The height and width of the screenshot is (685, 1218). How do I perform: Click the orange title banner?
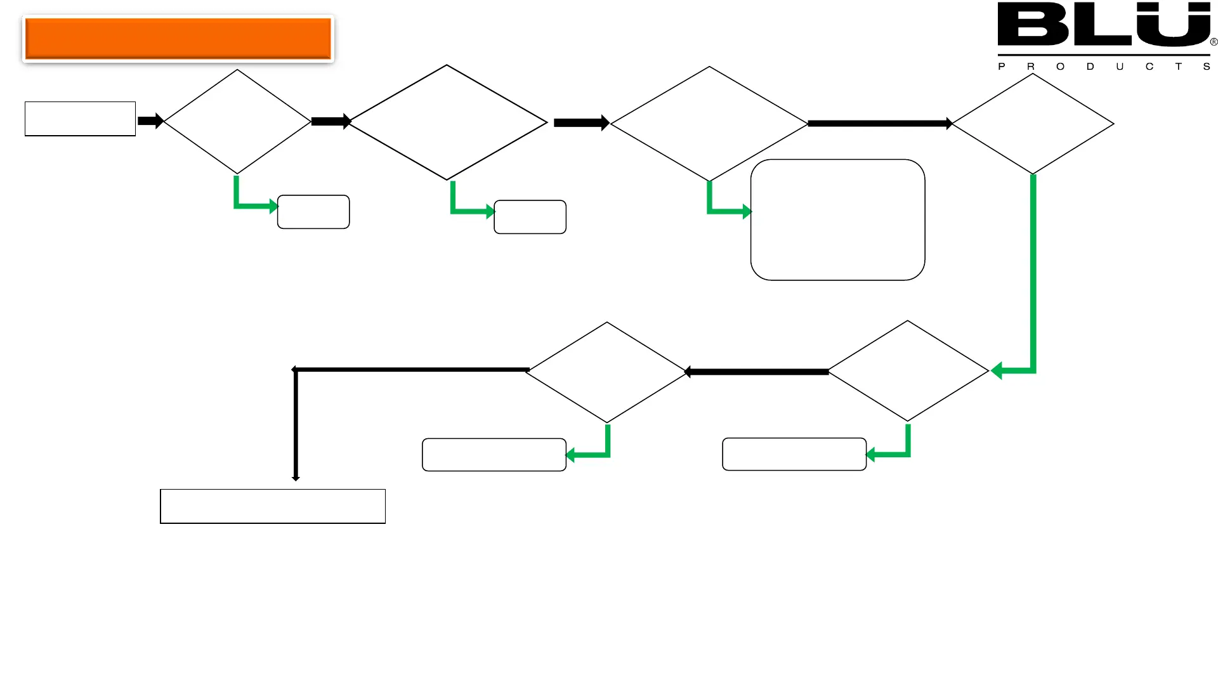click(x=178, y=38)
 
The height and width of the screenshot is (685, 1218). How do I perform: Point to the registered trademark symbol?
click(x=1214, y=42)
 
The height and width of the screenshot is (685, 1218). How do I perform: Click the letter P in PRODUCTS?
click(x=1002, y=67)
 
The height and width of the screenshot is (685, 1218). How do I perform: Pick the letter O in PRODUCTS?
click(x=1060, y=67)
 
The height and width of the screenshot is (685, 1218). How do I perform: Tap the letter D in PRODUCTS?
click(x=1090, y=67)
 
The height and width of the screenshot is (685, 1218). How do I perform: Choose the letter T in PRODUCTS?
click(x=1178, y=67)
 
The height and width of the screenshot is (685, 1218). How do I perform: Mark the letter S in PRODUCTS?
click(x=1207, y=67)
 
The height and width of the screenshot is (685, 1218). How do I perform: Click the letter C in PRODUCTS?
click(x=1149, y=67)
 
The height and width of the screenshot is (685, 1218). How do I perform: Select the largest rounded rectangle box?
click(x=837, y=219)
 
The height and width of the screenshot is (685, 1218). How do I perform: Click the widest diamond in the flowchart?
click(x=447, y=122)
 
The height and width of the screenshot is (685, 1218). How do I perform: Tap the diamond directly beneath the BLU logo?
click(x=1033, y=124)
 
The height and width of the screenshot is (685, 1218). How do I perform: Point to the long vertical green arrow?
click(x=1033, y=273)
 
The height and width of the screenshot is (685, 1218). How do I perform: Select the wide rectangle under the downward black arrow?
click(x=273, y=506)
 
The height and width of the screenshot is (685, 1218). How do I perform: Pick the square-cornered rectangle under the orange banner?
click(x=80, y=119)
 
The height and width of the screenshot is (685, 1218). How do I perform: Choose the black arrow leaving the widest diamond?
click(x=580, y=122)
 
